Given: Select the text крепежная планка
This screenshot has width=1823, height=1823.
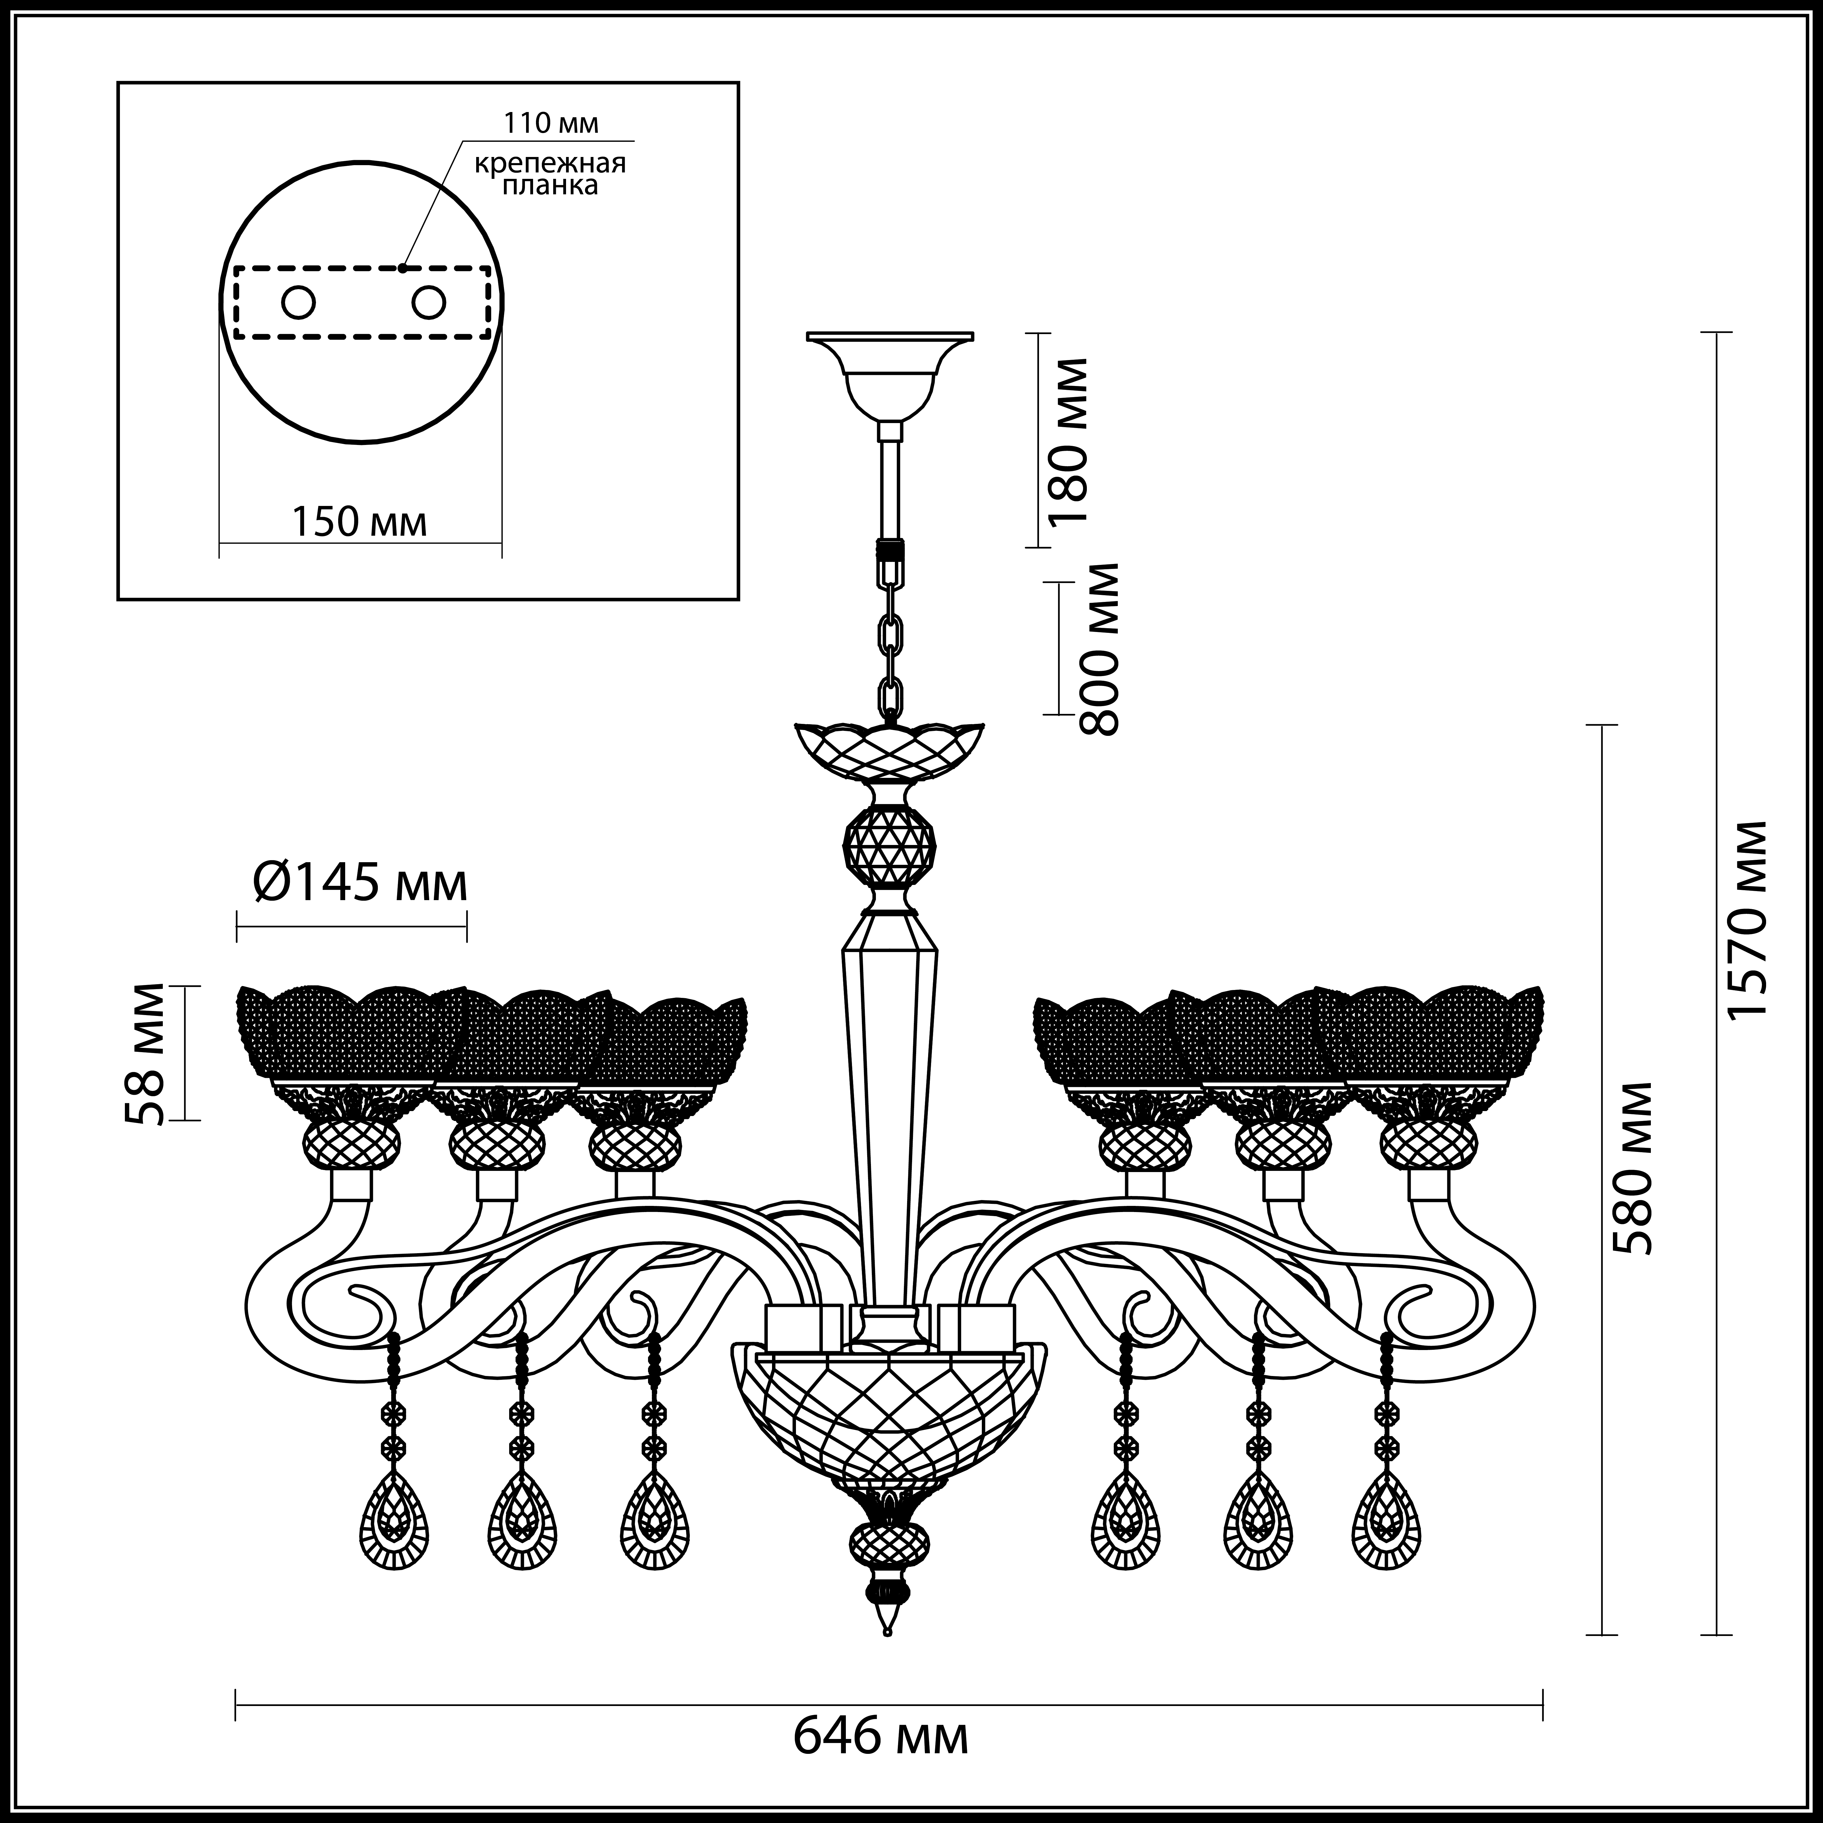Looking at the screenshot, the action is click(550, 174).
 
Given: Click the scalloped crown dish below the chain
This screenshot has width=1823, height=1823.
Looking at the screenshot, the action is click(889, 750).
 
